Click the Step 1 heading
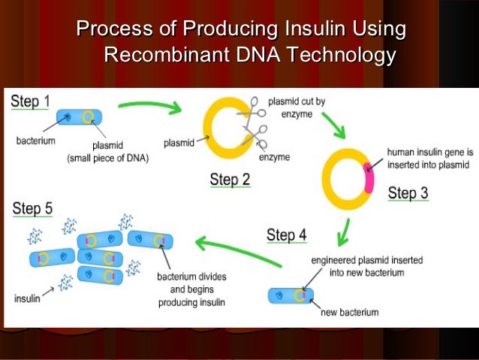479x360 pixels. (30, 101)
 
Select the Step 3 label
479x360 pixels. (408, 193)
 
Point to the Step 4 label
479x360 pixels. (287, 235)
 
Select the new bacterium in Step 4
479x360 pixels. (291, 295)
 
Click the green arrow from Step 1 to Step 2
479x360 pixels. (150, 106)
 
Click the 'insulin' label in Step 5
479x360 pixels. (27, 298)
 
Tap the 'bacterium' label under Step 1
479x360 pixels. (35, 140)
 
